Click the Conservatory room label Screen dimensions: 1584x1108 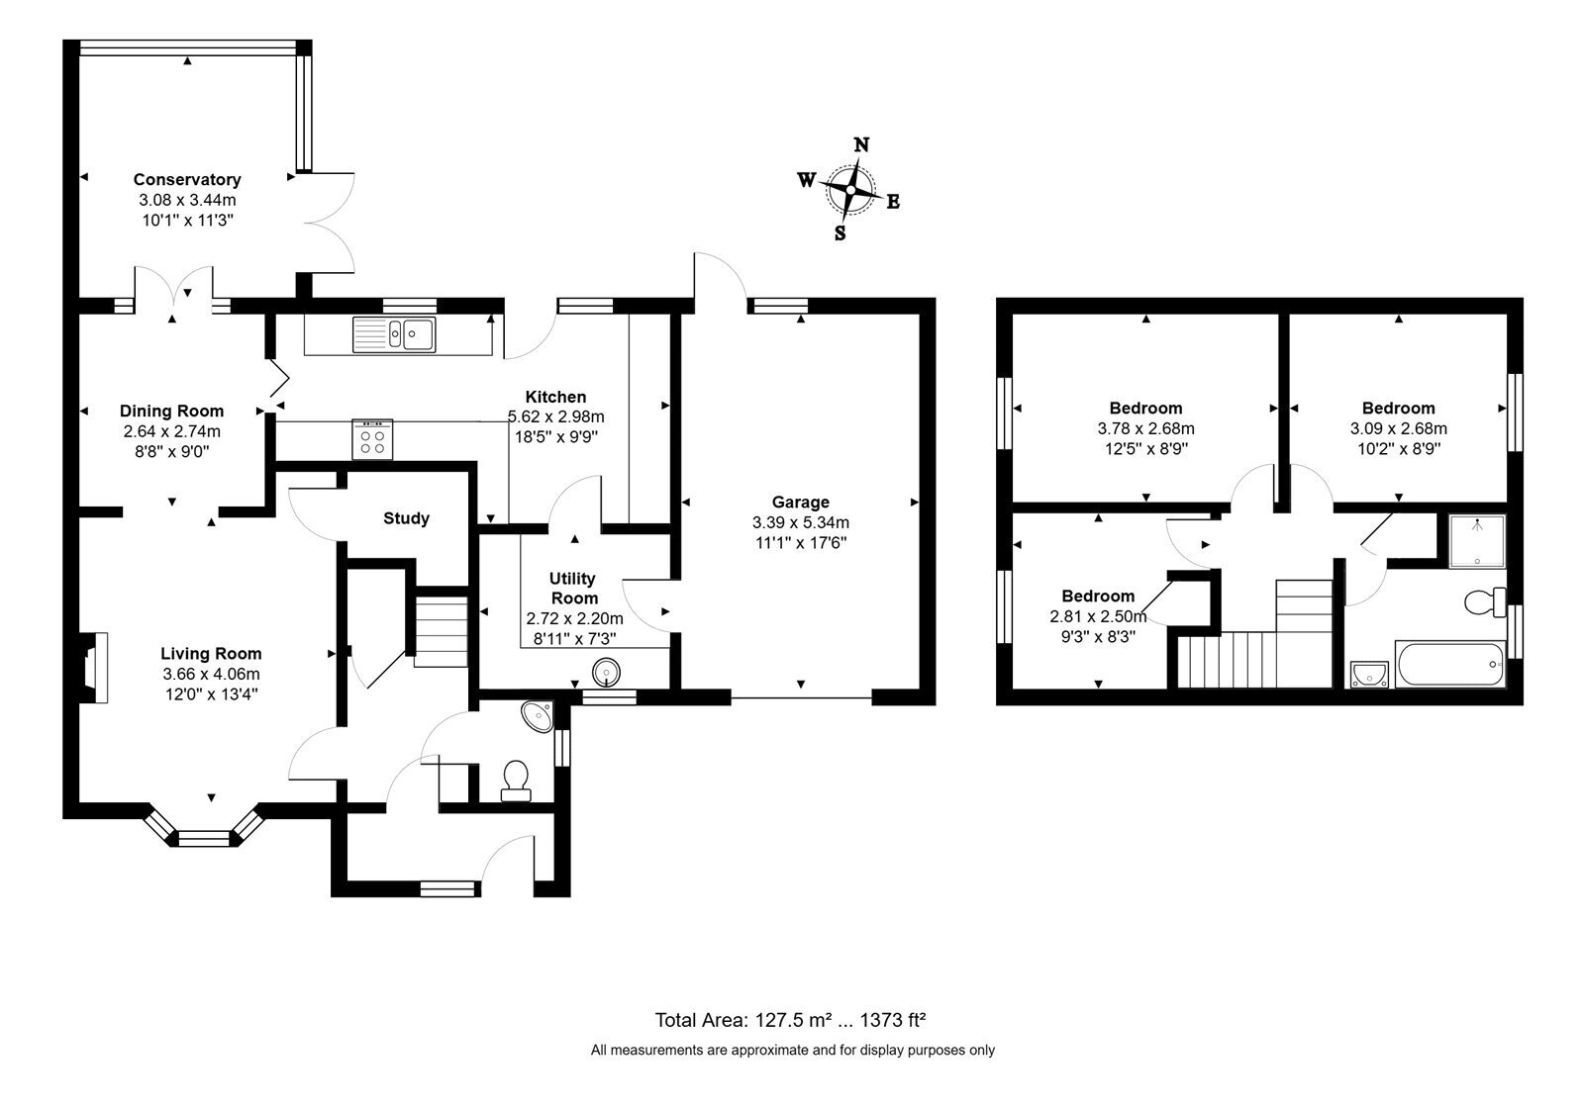click(x=187, y=179)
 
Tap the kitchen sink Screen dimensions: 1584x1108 click(x=394, y=334)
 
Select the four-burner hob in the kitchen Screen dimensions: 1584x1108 click(x=372, y=439)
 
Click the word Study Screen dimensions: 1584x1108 click(x=407, y=518)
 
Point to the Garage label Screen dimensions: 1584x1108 click(x=801, y=502)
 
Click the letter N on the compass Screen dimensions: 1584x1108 click(x=861, y=144)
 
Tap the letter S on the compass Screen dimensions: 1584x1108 click(x=841, y=233)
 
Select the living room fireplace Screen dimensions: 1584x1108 click(x=93, y=668)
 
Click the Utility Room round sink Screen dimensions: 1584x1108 click(x=607, y=672)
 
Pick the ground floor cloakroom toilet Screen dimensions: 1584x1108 click(x=516, y=781)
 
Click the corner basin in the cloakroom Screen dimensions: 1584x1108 click(x=538, y=716)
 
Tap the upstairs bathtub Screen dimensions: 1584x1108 click(x=1450, y=664)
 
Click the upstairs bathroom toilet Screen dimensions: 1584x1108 click(x=1486, y=602)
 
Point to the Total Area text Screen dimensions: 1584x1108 click(x=790, y=1020)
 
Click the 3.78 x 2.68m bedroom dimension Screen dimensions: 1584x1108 click(x=1146, y=428)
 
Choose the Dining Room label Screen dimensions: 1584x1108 click(x=172, y=411)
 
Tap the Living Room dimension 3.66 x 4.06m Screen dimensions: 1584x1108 click(x=212, y=674)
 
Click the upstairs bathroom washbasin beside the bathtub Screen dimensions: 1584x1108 click(x=1370, y=674)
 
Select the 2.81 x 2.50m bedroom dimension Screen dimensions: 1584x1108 click(x=1098, y=616)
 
